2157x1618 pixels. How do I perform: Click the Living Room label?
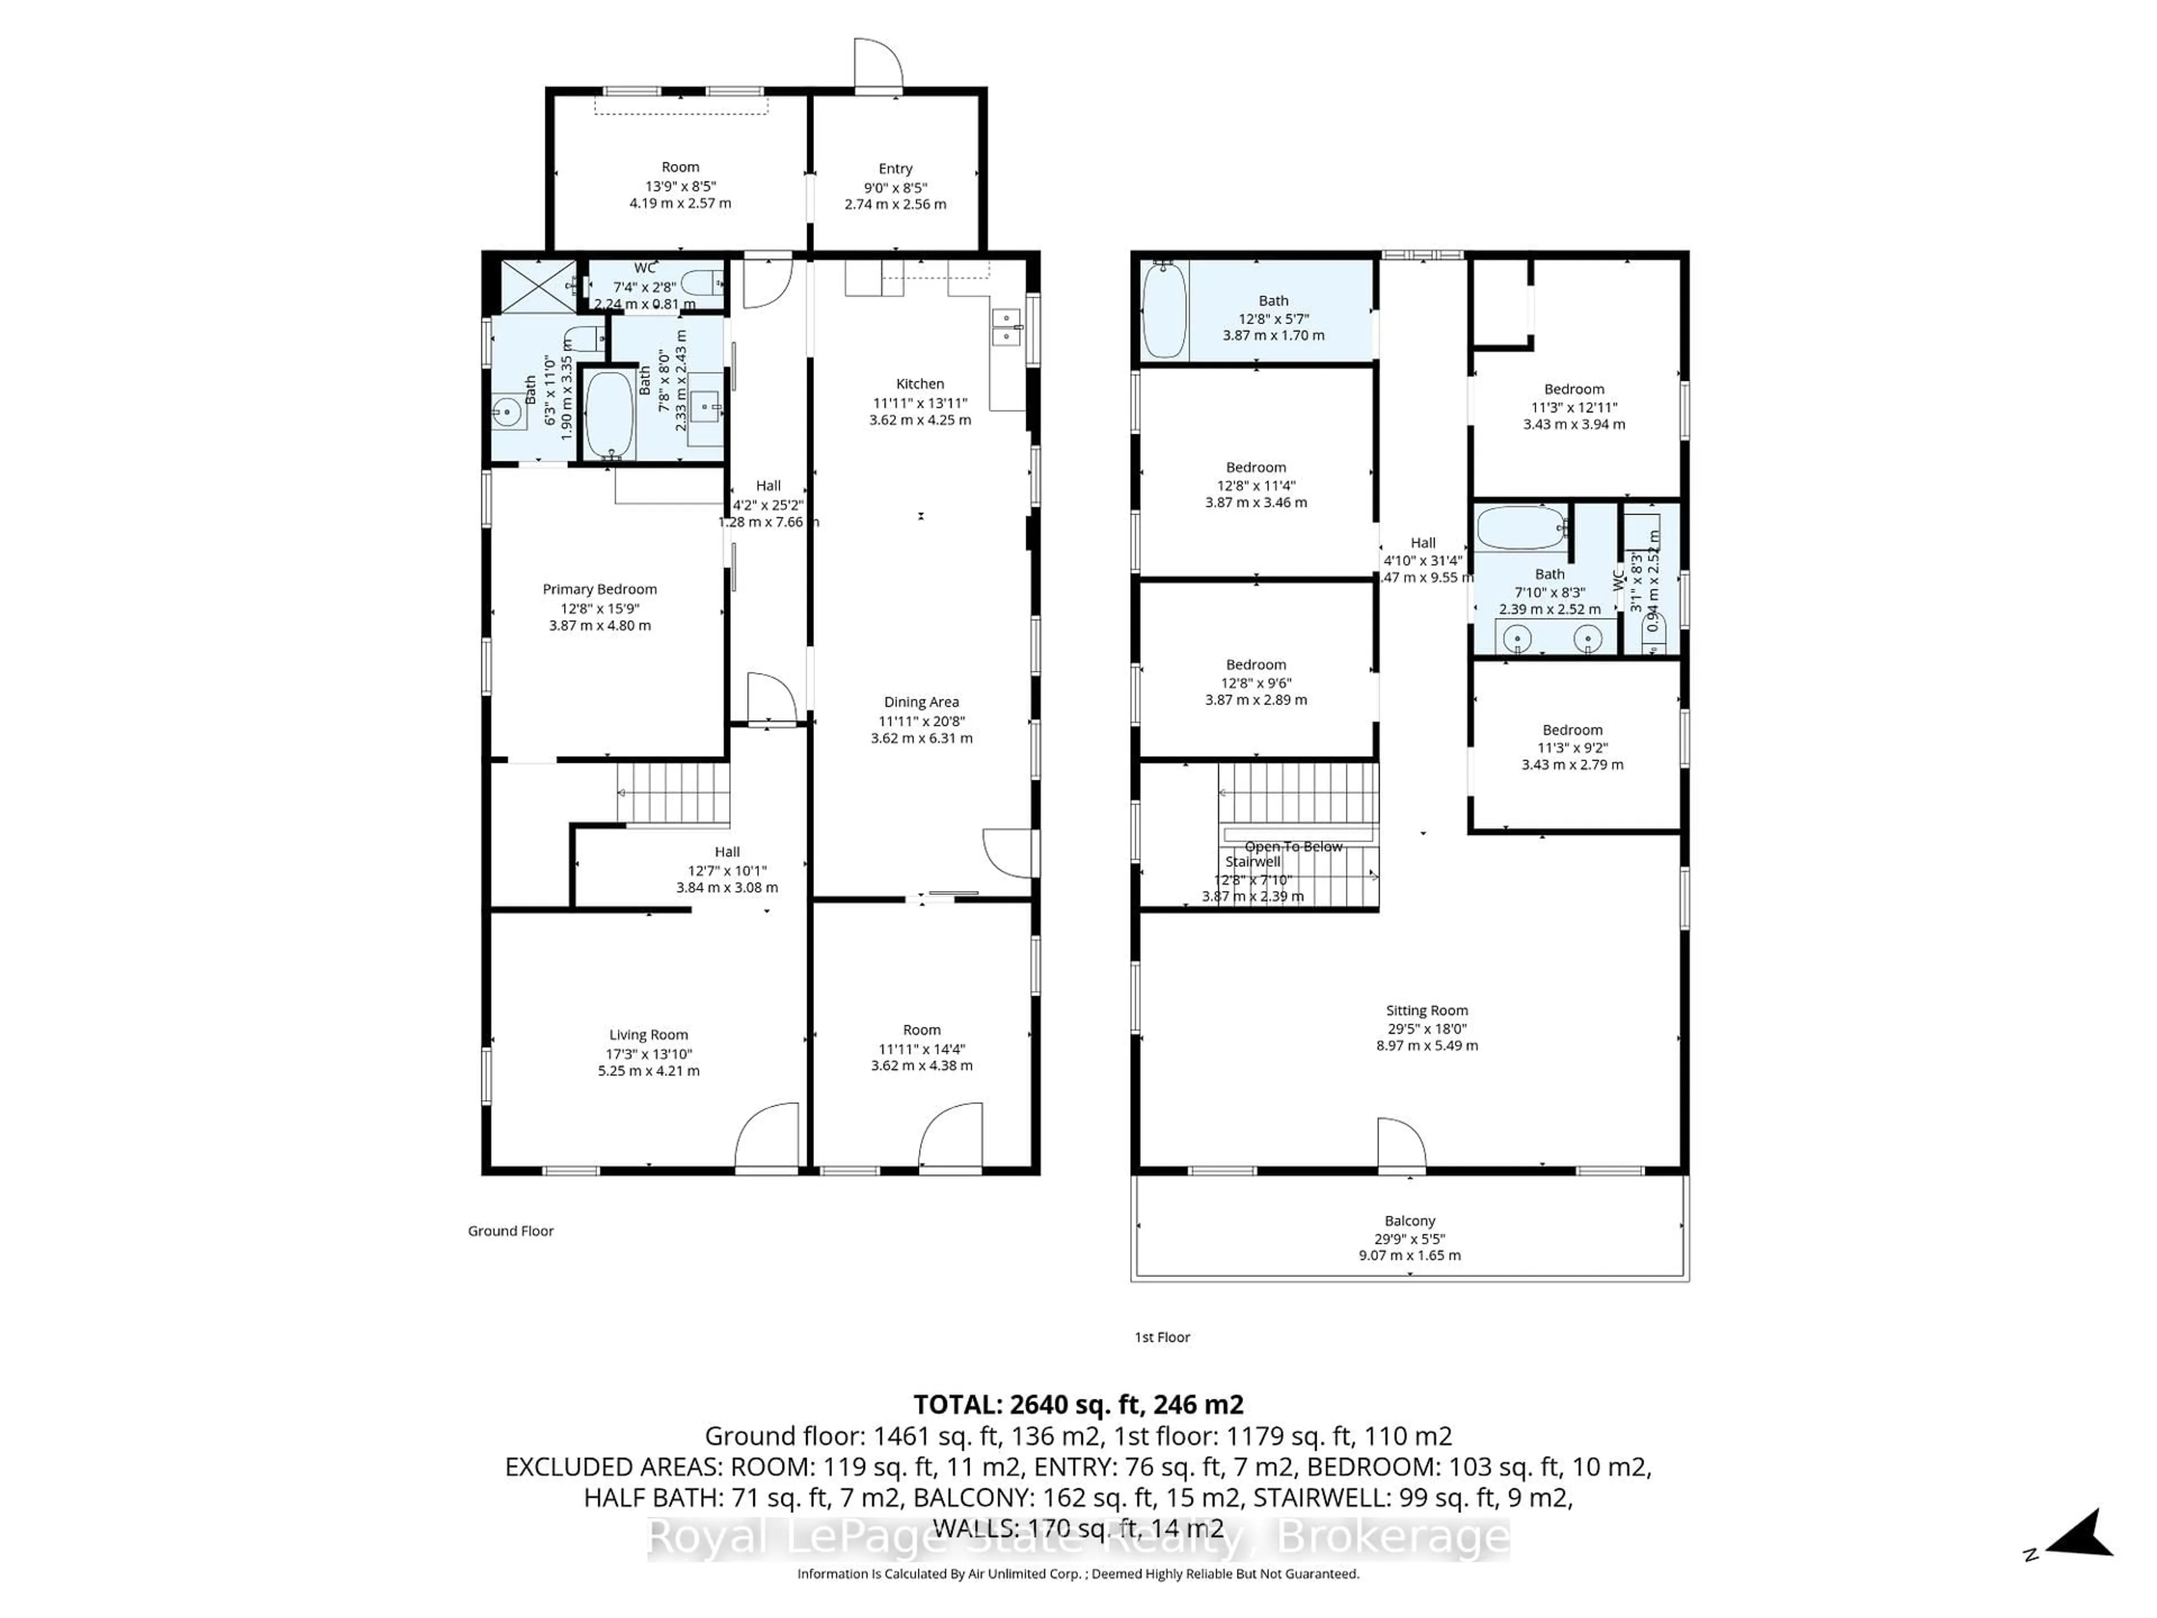[x=648, y=1035]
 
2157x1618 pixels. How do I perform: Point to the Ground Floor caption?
[x=510, y=1231]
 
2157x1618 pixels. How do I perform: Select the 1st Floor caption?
[x=1162, y=1337]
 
